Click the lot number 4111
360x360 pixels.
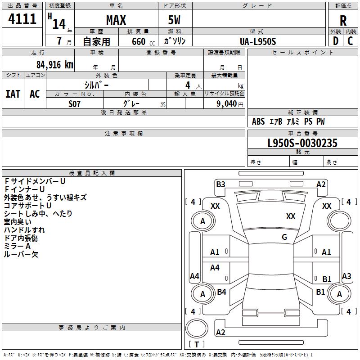click(22, 19)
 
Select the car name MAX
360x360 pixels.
click(116, 20)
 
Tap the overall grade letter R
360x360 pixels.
click(343, 21)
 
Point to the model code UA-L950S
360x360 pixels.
click(258, 41)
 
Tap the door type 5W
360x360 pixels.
click(175, 20)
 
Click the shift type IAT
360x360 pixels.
click(13, 94)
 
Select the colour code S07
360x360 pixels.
click(74, 103)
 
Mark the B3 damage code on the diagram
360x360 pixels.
click(220, 184)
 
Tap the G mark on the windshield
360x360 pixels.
click(284, 237)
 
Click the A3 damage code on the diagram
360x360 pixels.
click(346, 276)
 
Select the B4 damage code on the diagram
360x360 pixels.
click(221, 292)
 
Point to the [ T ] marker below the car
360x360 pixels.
click(197, 344)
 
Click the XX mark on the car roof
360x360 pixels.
click(291, 216)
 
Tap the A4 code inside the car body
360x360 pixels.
click(215, 268)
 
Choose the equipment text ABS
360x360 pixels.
click(258, 121)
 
